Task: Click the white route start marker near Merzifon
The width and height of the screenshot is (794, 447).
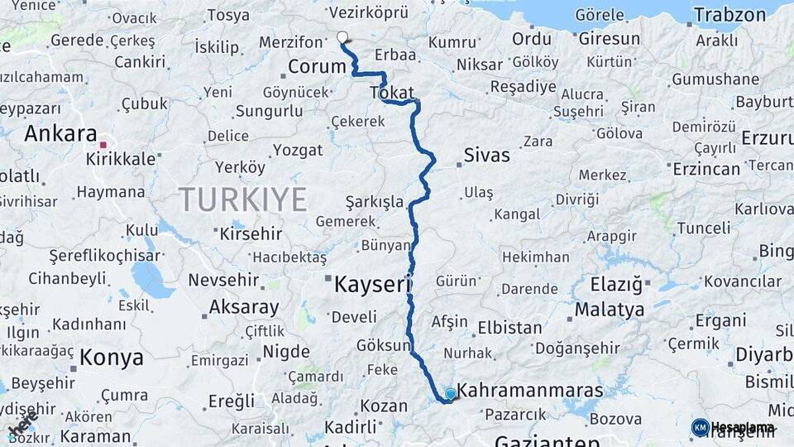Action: point(342,36)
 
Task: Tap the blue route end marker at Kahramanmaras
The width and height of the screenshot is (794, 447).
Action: point(450,394)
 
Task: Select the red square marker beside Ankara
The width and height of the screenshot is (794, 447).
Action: point(103,145)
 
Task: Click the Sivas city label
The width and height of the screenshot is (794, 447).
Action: point(486,155)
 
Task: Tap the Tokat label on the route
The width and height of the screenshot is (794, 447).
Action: point(392,93)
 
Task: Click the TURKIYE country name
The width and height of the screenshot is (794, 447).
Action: point(242,199)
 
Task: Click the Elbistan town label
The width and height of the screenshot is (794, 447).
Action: point(509,327)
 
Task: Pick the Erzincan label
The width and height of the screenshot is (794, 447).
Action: point(706,169)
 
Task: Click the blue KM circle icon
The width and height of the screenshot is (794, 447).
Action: point(700,427)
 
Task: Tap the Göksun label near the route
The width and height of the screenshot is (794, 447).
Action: point(382,345)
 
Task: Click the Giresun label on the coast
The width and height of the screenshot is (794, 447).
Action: point(610,38)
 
